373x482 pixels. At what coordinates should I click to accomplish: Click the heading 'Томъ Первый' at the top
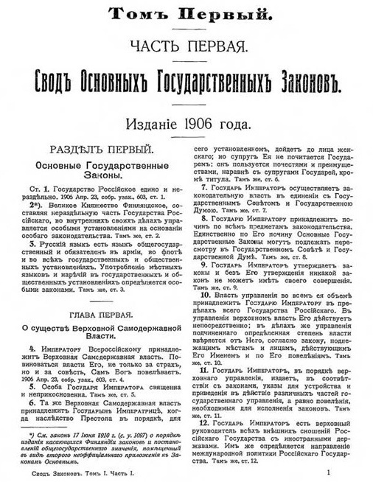point(186,13)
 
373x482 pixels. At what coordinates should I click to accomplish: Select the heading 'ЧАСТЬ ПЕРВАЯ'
point(186,47)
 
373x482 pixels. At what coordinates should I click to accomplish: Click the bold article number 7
point(203,187)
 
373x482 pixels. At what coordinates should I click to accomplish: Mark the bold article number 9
point(203,264)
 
